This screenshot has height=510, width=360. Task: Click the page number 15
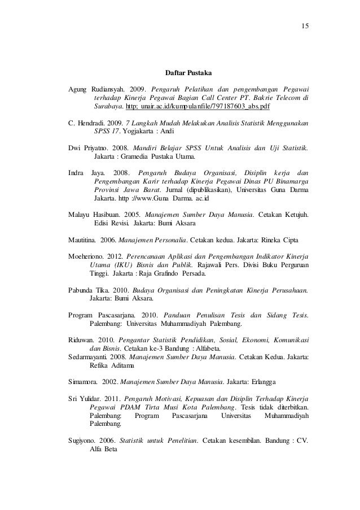pyautogui.click(x=297, y=27)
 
